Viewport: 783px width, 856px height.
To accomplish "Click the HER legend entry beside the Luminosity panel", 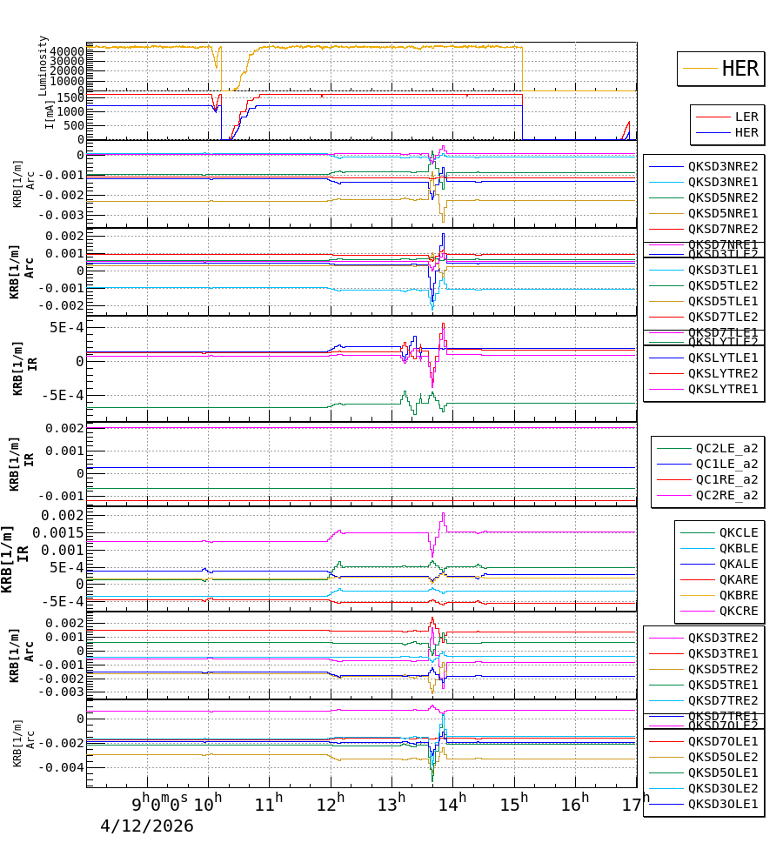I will click(x=739, y=69).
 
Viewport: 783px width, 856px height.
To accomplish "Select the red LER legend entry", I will click(x=746, y=117).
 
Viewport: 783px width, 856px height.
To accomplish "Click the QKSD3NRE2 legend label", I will click(x=723, y=166).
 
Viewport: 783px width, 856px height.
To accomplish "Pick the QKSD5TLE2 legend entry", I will click(x=723, y=285).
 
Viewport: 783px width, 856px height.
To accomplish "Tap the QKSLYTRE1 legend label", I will click(x=723, y=389).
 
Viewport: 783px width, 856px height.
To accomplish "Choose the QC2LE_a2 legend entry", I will click(x=726, y=448).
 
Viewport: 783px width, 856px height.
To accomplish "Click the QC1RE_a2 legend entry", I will click(x=726, y=479).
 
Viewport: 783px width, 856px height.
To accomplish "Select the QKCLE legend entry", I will click(x=738, y=532).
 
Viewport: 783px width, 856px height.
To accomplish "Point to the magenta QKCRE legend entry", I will click(x=738, y=611).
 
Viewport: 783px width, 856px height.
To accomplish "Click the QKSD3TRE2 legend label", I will click(x=723, y=638).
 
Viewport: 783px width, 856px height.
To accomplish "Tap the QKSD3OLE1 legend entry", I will click(x=723, y=804).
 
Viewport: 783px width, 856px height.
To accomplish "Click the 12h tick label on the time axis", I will click(x=335, y=803).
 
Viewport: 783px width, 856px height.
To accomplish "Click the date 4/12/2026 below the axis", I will click(x=146, y=826).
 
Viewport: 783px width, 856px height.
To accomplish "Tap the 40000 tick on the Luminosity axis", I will click(x=66, y=52).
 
